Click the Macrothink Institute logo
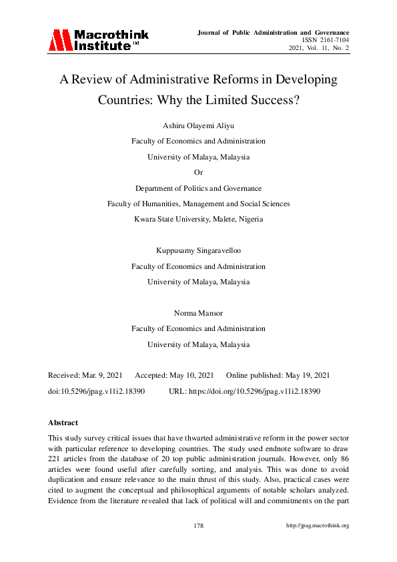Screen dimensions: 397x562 point(97,40)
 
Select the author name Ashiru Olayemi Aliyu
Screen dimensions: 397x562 point(198,126)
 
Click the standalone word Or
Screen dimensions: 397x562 point(198,173)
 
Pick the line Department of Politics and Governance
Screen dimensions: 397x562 point(198,188)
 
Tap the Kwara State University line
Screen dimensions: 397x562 point(198,219)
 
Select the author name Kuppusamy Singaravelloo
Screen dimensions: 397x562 point(198,251)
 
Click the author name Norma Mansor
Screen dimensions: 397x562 point(198,313)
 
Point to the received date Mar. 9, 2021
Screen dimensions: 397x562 point(101,376)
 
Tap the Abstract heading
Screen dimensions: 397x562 point(63,423)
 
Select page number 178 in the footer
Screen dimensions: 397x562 point(198,525)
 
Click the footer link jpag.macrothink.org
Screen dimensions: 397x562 point(317,525)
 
